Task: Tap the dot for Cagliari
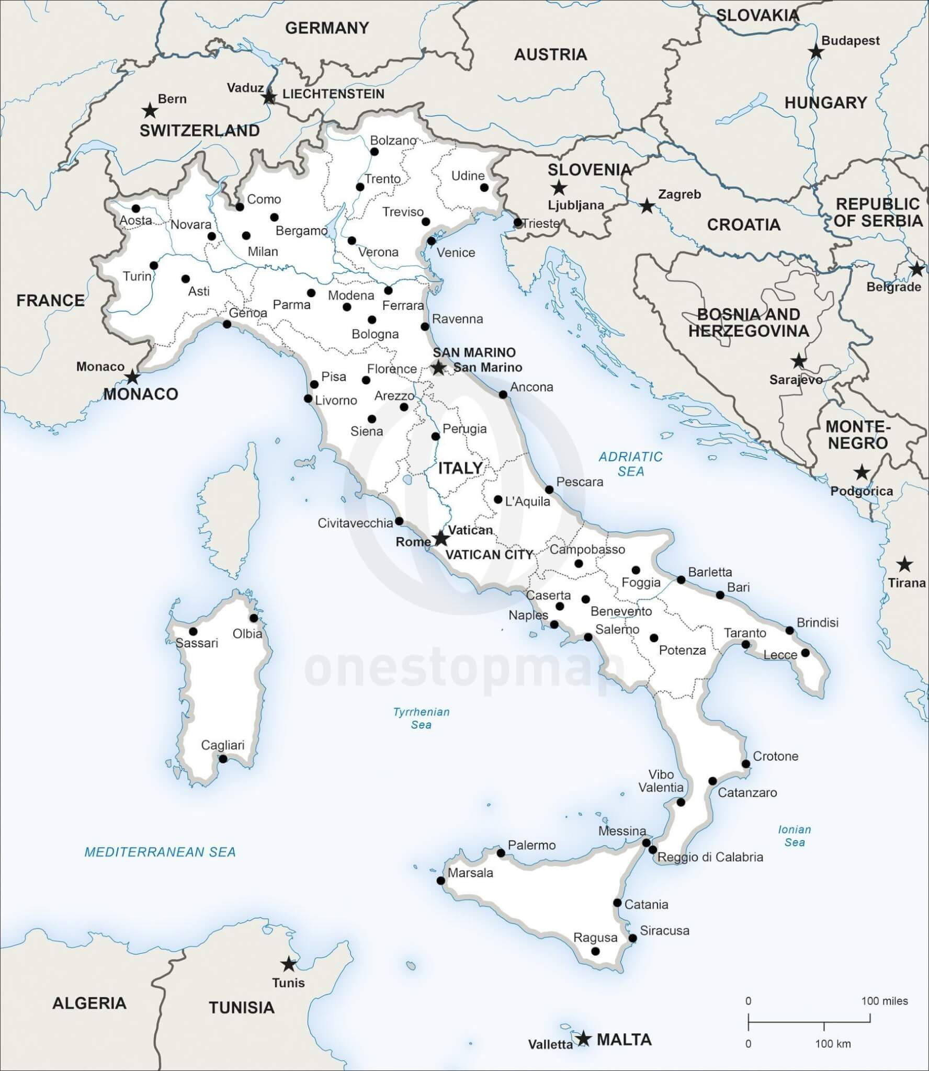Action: click(x=223, y=759)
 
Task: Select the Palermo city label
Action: click(x=531, y=845)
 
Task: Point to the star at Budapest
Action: click(x=815, y=52)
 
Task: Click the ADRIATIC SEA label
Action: click(x=630, y=464)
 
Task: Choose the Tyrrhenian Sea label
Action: click(x=421, y=718)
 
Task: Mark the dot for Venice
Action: click(x=431, y=241)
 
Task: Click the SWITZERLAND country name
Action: click(x=199, y=131)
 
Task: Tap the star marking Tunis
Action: click(x=288, y=964)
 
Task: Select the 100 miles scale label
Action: click(x=884, y=1001)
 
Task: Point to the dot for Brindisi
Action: click(x=790, y=631)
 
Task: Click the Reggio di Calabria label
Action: click(x=710, y=857)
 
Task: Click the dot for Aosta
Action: click(x=136, y=209)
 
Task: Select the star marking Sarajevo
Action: click(x=798, y=361)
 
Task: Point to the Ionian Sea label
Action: click(x=794, y=836)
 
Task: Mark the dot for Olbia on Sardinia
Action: click(x=254, y=618)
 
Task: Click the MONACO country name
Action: click(x=140, y=394)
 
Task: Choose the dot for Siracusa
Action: click(x=632, y=938)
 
